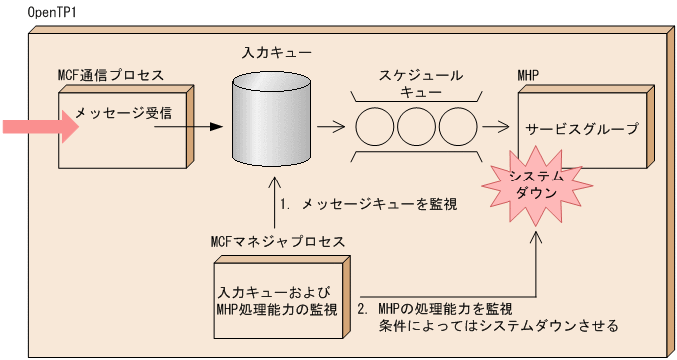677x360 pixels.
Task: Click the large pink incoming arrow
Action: pos(40,127)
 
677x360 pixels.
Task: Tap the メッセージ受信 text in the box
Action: pos(116,113)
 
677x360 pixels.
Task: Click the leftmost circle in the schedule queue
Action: pos(377,128)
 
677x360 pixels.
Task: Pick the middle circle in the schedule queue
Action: pos(418,128)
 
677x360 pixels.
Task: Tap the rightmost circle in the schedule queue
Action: pos(458,128)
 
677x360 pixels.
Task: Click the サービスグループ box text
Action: pos(582,129)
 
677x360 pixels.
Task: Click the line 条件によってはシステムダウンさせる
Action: pos(499,326)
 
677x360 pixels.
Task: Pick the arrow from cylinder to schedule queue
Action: pos(330,128)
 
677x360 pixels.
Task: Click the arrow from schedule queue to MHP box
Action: pos(494,128)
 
